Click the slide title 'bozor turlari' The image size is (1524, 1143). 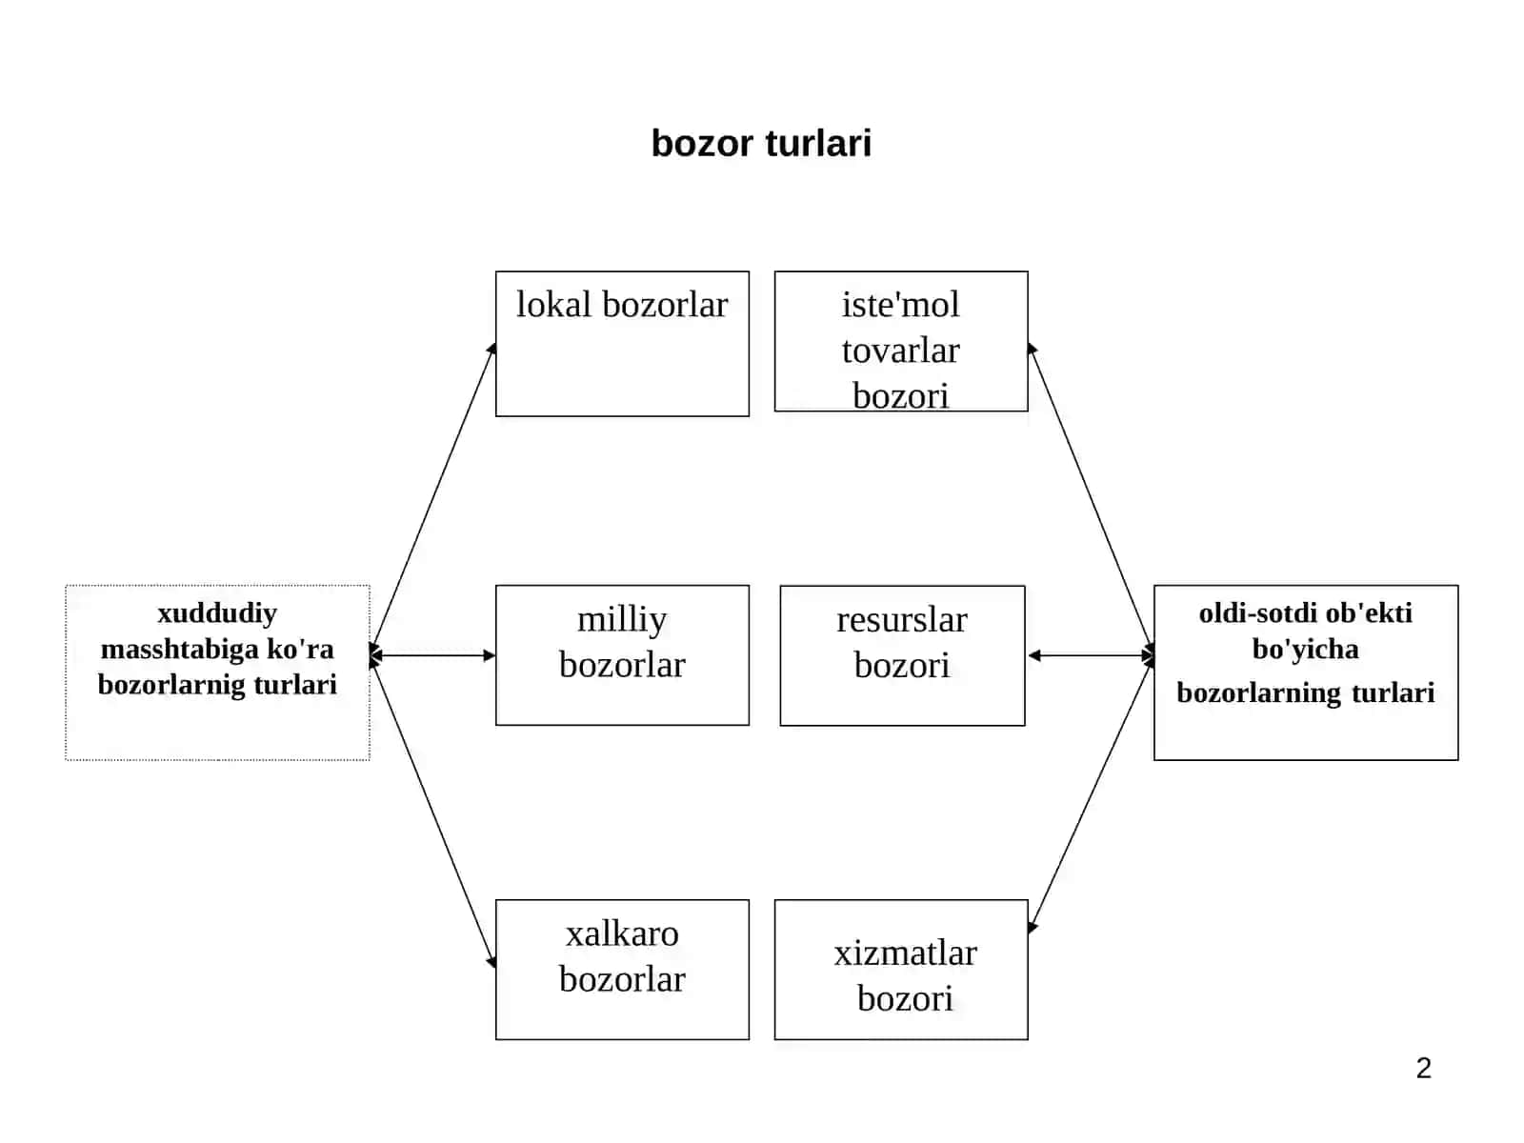[x=761, y=144]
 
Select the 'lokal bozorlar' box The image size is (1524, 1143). [x=622, y=344]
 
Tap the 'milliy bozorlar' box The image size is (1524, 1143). [x=622, y=655]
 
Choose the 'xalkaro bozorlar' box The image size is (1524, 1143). [x=622, y=970]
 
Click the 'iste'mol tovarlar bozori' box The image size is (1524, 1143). [x=901, y=341]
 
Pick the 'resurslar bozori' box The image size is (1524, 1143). [x=903, y=656]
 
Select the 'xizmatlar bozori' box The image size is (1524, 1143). [x=901, y=970]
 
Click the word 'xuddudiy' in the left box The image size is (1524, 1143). [x=217, y=614]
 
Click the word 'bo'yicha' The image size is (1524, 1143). [x=1305, y=650]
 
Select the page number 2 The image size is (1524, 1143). [x=1423, y=1068]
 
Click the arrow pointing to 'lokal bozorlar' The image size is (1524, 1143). [x=432, y=498]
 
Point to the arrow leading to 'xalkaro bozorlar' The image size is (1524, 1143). [x=432, y=812]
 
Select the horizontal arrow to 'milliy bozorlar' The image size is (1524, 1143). [x=432, y=655]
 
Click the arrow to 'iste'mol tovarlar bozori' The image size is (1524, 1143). [x=1091, y=498]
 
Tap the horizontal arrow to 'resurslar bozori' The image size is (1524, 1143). [x=1091, y=655]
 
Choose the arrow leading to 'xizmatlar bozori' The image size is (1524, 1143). [x=1091, y=794]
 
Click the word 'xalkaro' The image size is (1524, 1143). [x=622, y=934]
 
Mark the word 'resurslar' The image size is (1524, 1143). [x=902, y=620]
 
